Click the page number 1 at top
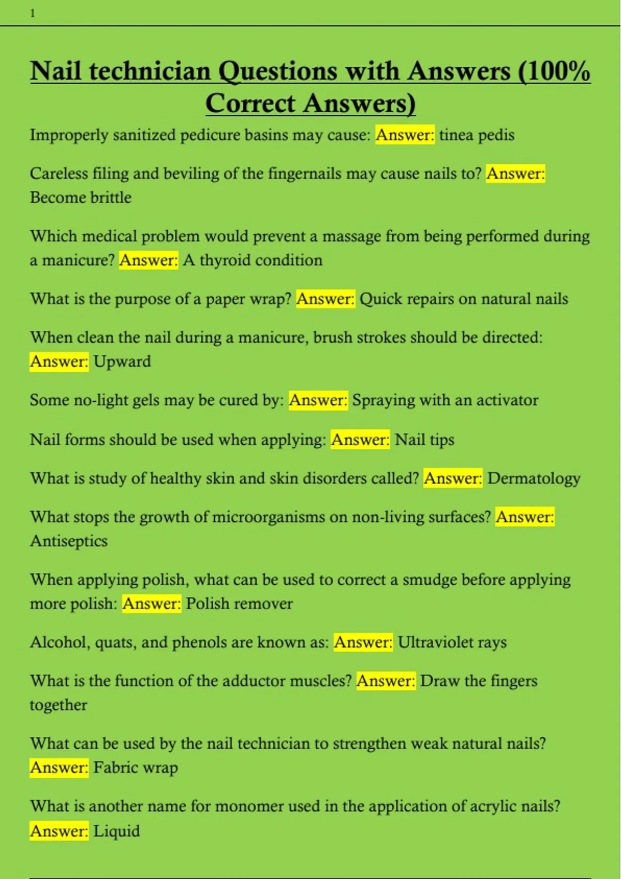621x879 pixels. (x=33, y=13)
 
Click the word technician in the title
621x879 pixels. (x=150, y=71)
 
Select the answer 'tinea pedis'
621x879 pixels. (x=477, y=135)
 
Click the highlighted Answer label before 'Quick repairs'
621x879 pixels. (x=326, y=299)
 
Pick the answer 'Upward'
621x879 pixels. (x=122, y=361)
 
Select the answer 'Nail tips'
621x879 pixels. (x=424, y=439)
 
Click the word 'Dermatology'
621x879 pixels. (x=534, y=478)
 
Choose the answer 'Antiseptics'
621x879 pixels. (x=69, y=541)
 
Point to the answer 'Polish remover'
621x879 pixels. (x=239, y=603)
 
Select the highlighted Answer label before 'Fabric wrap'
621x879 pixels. (x=59, y=768)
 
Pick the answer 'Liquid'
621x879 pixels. (x=116, y=831)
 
